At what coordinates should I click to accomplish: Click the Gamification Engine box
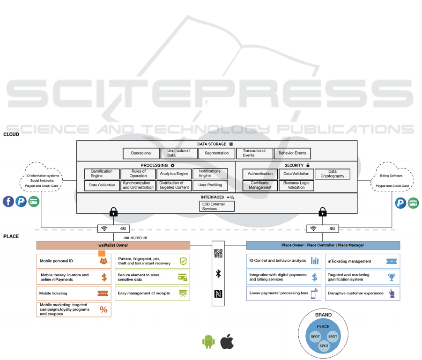(x=102, y=174)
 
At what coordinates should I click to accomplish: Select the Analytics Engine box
(x=174, y=174)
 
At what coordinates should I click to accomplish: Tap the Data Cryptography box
(x=332, y=174)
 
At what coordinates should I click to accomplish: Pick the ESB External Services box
(x=213, y=206)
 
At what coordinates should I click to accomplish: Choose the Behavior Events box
(x=293, y=153)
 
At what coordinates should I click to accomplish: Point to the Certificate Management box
(x=259, y=185)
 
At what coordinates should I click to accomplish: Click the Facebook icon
(x=8, y=202)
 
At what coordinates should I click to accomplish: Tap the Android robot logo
(x=208, y=341)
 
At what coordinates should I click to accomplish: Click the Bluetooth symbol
(x=218, y=273)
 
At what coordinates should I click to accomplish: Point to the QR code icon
(x=218, y=253)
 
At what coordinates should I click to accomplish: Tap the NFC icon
(x=218, y=294)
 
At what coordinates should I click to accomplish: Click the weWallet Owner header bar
(x=113, y=245)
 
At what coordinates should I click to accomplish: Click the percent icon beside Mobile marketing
(x=104, y=309)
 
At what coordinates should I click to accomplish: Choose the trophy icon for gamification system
(x=392, y=277)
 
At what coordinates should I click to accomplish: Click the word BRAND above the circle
(x=323, y=315)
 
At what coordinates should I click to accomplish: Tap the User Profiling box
(x=210, y=185)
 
